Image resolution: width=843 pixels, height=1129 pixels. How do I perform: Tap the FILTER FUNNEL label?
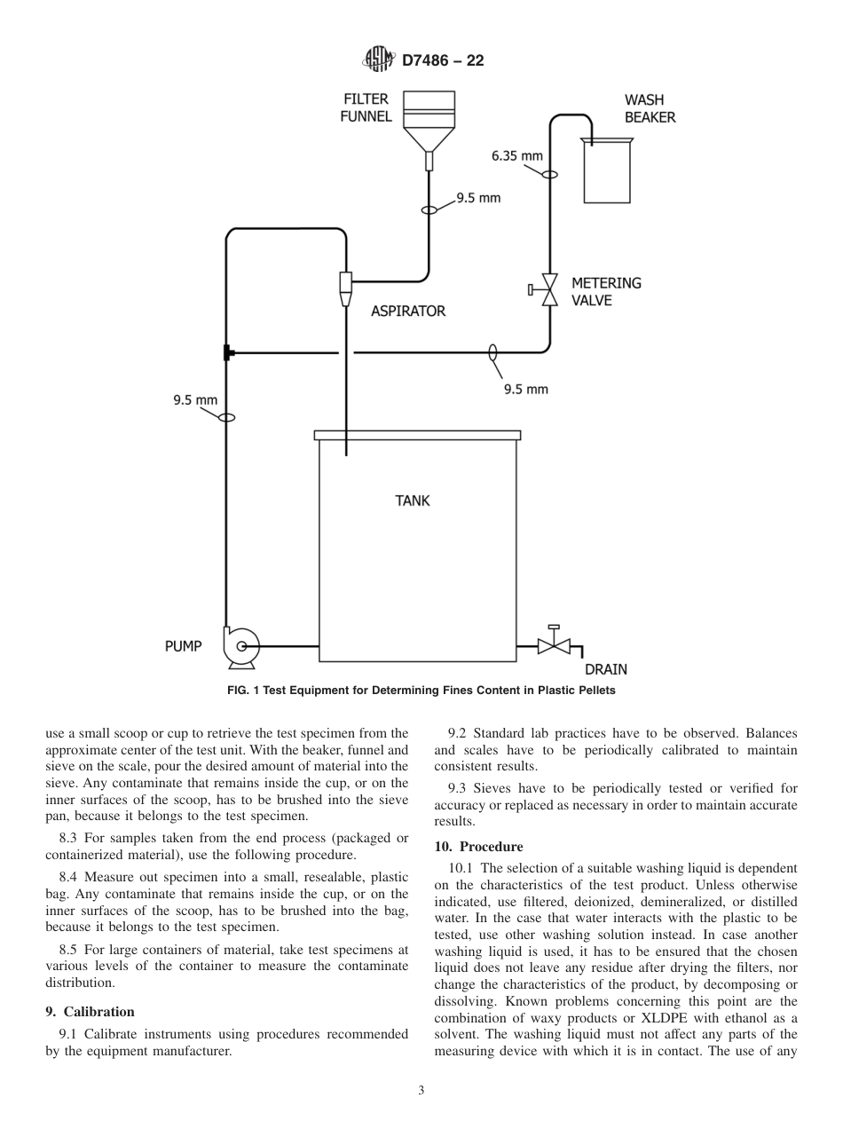[x=366, y=108]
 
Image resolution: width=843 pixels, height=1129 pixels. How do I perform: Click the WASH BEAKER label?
[x=650, y=108]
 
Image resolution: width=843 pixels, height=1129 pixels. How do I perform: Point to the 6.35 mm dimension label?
[x=516, y=156]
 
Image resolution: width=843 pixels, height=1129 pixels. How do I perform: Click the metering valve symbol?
[x=548, y=289]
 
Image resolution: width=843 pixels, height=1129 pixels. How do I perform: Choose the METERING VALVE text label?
[x=606, y=291]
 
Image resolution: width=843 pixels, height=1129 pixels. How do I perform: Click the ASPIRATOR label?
[x=408, y=311]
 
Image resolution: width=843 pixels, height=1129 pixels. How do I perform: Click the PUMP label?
[x=184, y=646]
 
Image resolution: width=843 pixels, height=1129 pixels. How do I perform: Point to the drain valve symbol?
[x=555, y=645]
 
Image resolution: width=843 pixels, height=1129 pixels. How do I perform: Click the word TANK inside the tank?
[x=413, y=501]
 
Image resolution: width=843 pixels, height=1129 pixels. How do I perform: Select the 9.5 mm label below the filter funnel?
[x=478, y=197]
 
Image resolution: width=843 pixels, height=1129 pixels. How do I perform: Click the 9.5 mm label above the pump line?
[x=195, y=399]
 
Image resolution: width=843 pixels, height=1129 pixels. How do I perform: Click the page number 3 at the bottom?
[x=421, y=1091]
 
